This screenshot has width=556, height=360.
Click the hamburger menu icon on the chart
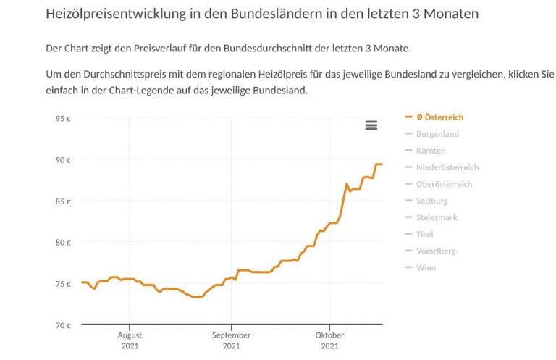pos(371,125)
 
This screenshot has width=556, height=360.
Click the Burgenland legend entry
pos(437,134)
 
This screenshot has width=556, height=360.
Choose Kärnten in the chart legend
pos(431,151)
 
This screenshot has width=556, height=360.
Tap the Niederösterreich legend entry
pos(447,167)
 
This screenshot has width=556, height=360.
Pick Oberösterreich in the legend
pos(444,184)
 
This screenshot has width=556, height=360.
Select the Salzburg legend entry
pos(432,201)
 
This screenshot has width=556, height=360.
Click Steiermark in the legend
pos(437,217)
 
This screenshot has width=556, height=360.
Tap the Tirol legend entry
pos(425,234)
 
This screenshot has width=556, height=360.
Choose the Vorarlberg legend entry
pos(435,251)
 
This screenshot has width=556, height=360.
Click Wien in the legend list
pos(426,267)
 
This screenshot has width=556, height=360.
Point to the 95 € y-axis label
pos(64,118)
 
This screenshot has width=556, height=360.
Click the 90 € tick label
pos(64,159)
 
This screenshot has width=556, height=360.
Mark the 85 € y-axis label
pos(64,201)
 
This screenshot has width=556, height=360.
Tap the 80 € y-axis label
pos(64,242)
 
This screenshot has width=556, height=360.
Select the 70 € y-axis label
pos(64,325)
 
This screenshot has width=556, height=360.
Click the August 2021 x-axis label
pos(130,340)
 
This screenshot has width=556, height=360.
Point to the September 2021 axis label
pos(231,340)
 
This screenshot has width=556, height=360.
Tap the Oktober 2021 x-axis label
pos(329,340)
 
